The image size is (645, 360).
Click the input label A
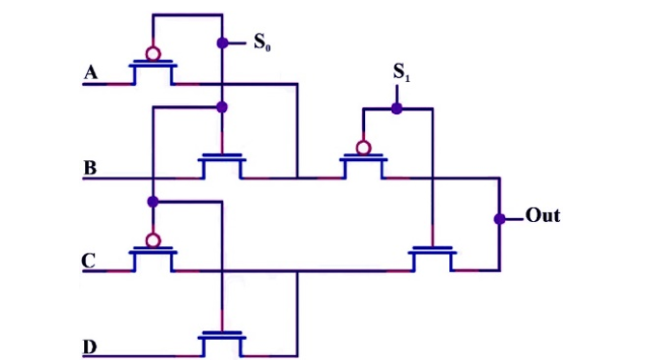[x=91, y=73]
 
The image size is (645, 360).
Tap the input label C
[x=90, y=261]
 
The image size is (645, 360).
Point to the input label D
[x=90, y=345]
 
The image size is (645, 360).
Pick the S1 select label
[x=398, y=73]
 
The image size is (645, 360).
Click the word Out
[x=543, y=215]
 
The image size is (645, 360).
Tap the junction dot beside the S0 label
[x=222, y=43]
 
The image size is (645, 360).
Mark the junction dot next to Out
[x=499, y=218]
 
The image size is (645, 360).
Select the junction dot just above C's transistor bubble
[x=153, y=201]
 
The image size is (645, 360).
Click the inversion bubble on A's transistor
[x=153, y=53]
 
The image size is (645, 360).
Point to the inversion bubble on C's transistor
[x=153, y=239]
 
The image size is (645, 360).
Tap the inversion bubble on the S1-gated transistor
[x=362, y=148]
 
